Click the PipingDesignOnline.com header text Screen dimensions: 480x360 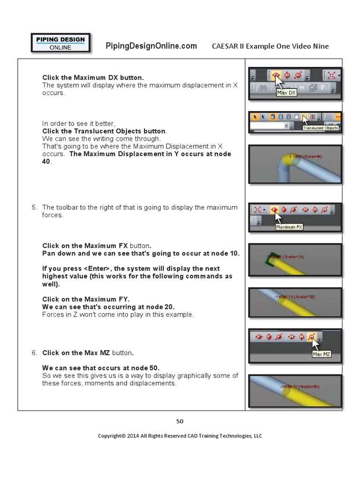click(151, 45)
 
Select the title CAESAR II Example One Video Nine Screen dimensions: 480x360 click(270, 46)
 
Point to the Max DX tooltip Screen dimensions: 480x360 click(286, 93)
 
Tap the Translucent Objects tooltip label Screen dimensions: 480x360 click(320, 127)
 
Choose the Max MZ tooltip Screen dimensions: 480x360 click(322, 354)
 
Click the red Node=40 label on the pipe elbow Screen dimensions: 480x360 click(305, 156)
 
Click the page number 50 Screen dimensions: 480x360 click(180, 421)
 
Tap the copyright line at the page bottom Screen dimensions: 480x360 click(180, 435)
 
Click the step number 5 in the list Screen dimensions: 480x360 click(34, 207)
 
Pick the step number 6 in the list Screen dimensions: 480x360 click(34, 352)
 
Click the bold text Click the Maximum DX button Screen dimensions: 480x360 click(93, 77)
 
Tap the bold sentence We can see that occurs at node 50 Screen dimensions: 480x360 click(104, 367)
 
